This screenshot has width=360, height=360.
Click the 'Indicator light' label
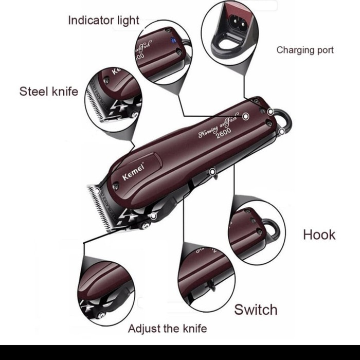(x=103, y=21)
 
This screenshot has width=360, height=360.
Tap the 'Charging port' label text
(x=305, y=50)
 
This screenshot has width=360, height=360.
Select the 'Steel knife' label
(x=49, y=92)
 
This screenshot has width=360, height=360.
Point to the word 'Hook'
(x=319, y=235)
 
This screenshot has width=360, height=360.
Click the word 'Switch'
(x=256, y=310)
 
